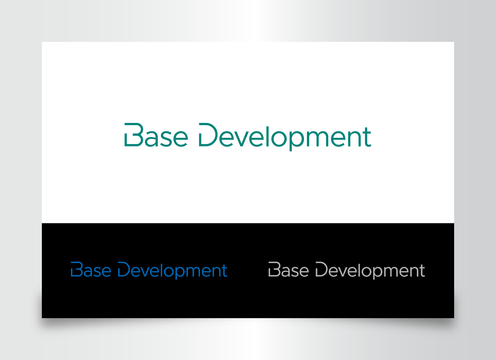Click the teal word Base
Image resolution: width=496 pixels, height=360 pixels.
(156, 135)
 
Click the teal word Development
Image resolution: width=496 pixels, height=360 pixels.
(285, 137)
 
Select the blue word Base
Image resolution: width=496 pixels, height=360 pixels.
(91, 269)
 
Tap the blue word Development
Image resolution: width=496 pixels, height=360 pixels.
(173, 270)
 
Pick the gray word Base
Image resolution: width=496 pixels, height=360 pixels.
(289, 269)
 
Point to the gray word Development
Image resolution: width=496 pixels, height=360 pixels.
(370, 270)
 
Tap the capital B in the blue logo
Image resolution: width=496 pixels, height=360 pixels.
(77, 269)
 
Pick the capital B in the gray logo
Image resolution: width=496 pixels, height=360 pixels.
(274, 269)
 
